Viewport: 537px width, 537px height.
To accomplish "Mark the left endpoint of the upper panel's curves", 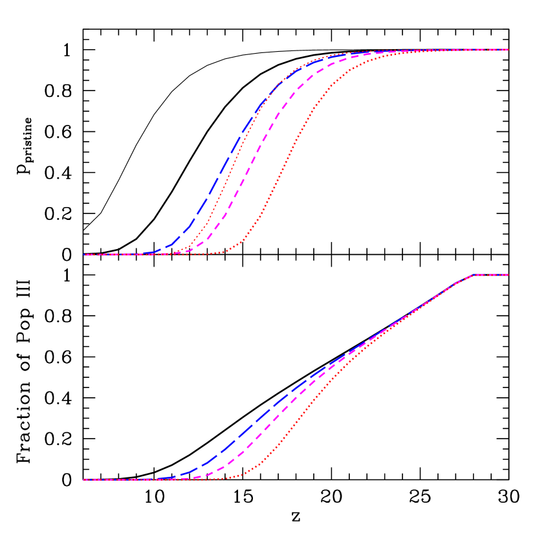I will coord(83,254).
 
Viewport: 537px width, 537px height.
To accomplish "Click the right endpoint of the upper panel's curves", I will coord(509,50).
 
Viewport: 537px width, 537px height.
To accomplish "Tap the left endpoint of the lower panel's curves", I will coord(83,479).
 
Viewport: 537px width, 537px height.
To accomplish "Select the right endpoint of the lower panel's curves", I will coord(509,275).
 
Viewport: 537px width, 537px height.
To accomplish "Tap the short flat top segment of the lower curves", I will coord(492,275).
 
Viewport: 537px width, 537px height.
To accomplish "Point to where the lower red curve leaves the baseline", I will coord(230,478).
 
